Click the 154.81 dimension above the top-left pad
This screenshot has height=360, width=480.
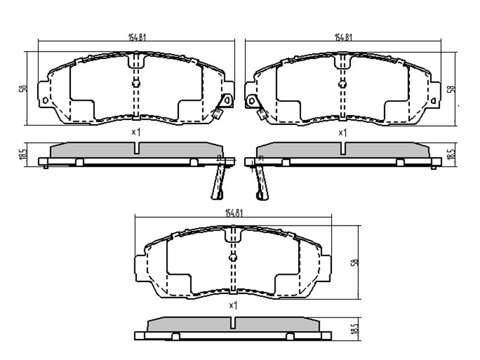[x=137, y=37]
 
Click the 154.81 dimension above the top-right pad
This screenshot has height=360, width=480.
[x=343, y=37]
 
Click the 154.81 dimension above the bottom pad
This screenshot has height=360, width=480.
[x=234, y=213]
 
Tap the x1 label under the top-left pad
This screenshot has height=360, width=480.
[x=136, y=132]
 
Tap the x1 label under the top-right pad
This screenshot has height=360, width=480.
[x=342, y=133]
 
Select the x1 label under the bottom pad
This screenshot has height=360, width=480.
[x=233, y=305]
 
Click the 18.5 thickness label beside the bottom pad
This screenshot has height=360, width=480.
[x=355, y=329]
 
